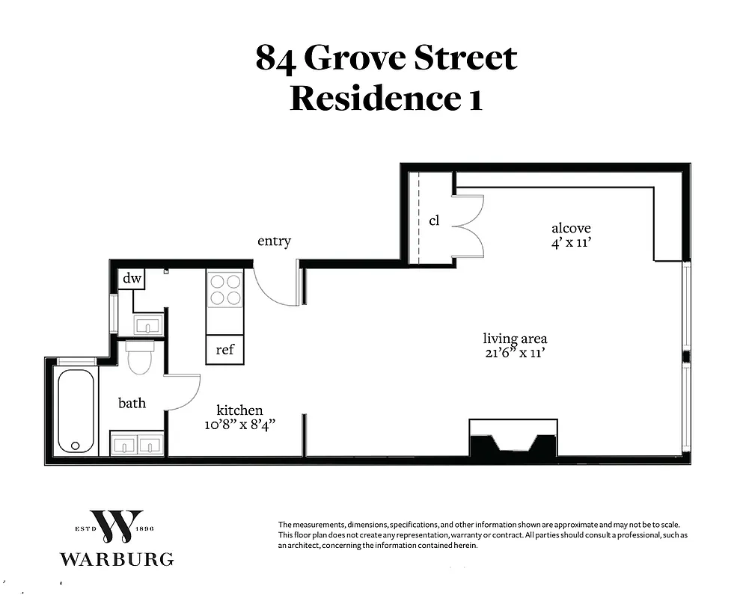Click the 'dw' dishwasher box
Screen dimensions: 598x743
(x=132, y=279)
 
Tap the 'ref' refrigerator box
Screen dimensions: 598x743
(x=224, y=350)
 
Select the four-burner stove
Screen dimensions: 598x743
(x=224, y=290)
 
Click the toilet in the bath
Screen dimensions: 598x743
(x=140, y=358)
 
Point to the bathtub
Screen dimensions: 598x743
(x=76, y=410)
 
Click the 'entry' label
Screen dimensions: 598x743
(x=274, y=241)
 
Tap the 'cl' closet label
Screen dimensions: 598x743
(x=434, y=221)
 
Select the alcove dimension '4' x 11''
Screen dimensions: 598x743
(x=571, y=242)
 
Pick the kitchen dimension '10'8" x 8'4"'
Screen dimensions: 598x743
(x=239, y=424)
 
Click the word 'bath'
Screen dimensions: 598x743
(x=132, y=403)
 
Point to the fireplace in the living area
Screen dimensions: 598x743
(x=513, y=439)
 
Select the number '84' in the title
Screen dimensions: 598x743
(x=274, y=58)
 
